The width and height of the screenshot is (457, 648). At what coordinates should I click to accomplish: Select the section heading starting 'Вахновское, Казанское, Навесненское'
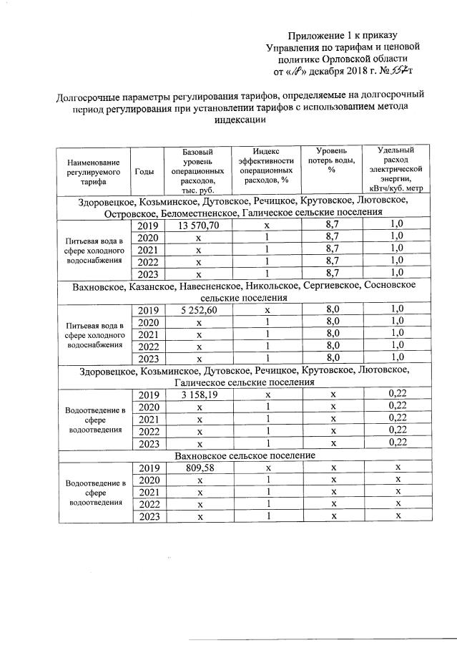click(243, 286)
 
